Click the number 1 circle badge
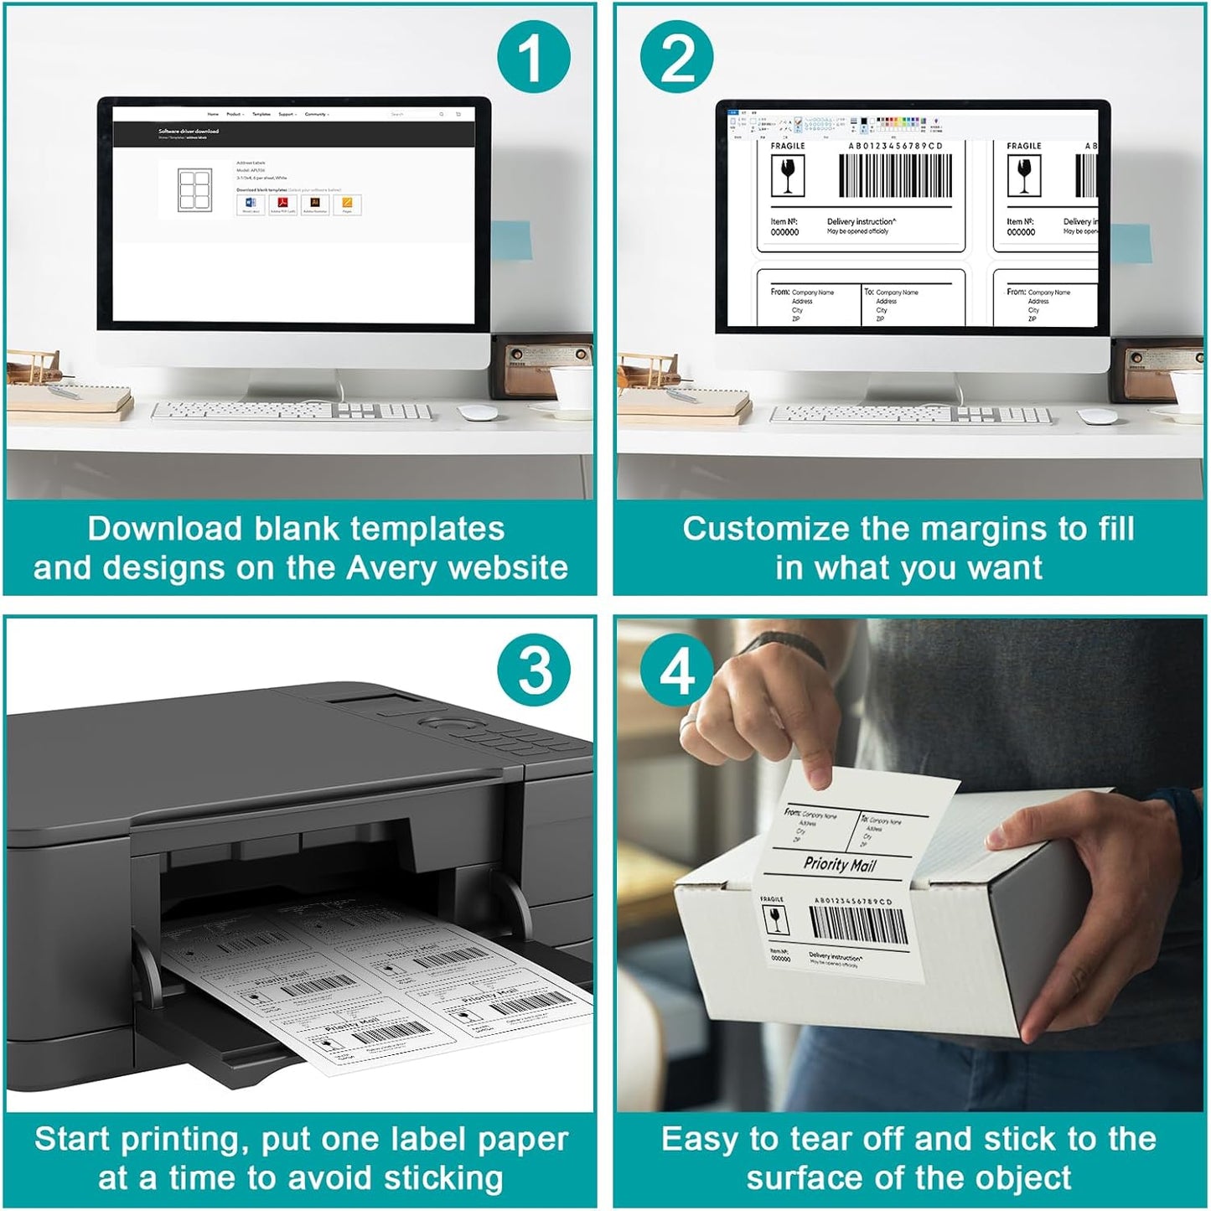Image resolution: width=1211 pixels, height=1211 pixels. coord(533,57)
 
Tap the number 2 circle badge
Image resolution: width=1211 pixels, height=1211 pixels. coord(677,57)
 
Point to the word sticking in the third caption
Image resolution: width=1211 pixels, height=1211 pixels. coord(443,1178)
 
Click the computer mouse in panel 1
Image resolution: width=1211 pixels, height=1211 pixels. coord(478,412)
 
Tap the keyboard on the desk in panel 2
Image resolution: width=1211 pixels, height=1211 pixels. coord(910,414)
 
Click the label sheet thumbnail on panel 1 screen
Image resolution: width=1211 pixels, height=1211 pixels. coord(194,189)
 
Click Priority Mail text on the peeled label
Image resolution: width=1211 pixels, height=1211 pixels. coord(839,864)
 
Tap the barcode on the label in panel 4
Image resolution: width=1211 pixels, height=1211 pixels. coord(859,924)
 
